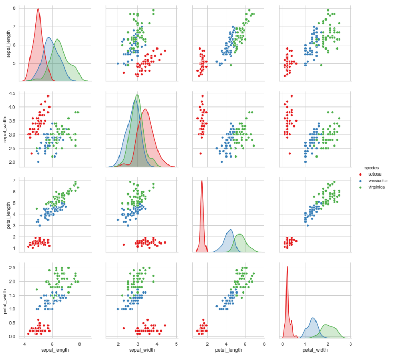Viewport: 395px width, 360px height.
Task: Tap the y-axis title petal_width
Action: click(x=7, y=301)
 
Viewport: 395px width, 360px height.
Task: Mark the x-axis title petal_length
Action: click(x=226, y=350)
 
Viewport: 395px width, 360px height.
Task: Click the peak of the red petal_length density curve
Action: click(x=202, y=181)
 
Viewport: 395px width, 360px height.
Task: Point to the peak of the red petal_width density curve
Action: click(x=287, y=267)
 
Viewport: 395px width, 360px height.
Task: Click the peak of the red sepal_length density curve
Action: click(x=38, y=9)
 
